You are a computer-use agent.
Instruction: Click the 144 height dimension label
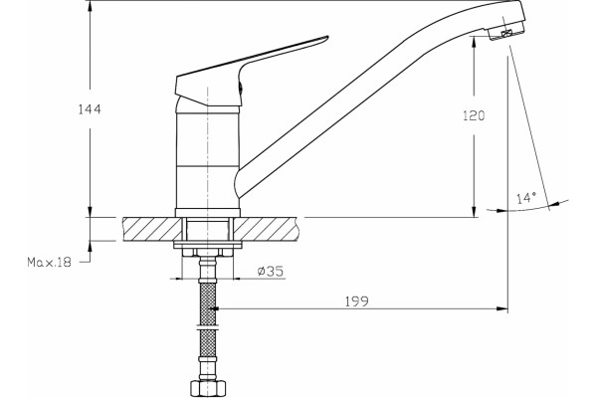(x=90, y=109)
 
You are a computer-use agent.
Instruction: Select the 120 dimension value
(x=474, y=115)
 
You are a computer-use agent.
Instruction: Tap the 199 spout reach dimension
(x=357, y=301)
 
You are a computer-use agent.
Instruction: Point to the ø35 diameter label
(x=271, y=272)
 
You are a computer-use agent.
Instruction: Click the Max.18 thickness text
(x=49, y=262)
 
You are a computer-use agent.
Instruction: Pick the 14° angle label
(x=526, y=198)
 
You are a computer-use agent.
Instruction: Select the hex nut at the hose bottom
(x=208, y=388)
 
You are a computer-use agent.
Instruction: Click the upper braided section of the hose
(x=208, y=303)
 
